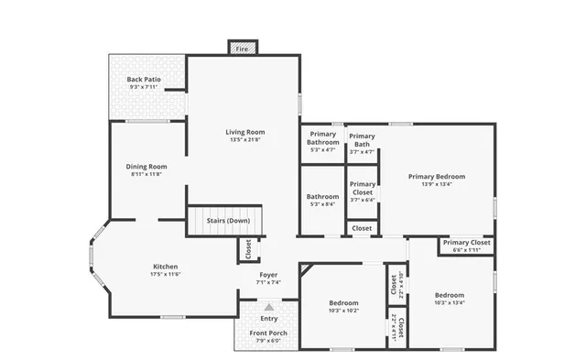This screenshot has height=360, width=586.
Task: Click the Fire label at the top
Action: pos(243,49)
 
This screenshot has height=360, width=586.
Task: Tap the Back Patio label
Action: pos(144,80)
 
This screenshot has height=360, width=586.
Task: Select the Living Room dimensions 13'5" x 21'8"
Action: pos(245,140)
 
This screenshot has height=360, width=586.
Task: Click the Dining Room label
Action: pos(146,166)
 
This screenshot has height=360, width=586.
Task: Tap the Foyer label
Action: pos(268,274)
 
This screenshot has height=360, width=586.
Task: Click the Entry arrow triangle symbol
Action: pos(269,308)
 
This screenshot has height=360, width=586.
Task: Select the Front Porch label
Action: pos(268,333)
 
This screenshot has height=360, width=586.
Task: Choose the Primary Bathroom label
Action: pos(323,138)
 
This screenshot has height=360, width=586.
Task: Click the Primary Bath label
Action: pos(363,140)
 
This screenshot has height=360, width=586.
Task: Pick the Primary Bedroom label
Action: pos(437,176)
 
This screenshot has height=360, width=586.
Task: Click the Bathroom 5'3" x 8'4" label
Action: pos(323,196)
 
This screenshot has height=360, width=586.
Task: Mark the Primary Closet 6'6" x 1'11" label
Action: pos(467,243)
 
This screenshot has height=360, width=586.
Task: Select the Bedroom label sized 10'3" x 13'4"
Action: pos(450,295)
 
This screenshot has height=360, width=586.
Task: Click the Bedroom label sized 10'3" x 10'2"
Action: pos(343,302)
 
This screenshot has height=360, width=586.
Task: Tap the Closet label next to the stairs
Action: pos(246,248)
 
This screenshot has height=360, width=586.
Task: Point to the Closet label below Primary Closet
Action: pos(362,228)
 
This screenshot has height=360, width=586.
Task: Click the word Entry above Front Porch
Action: pos(269,318)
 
